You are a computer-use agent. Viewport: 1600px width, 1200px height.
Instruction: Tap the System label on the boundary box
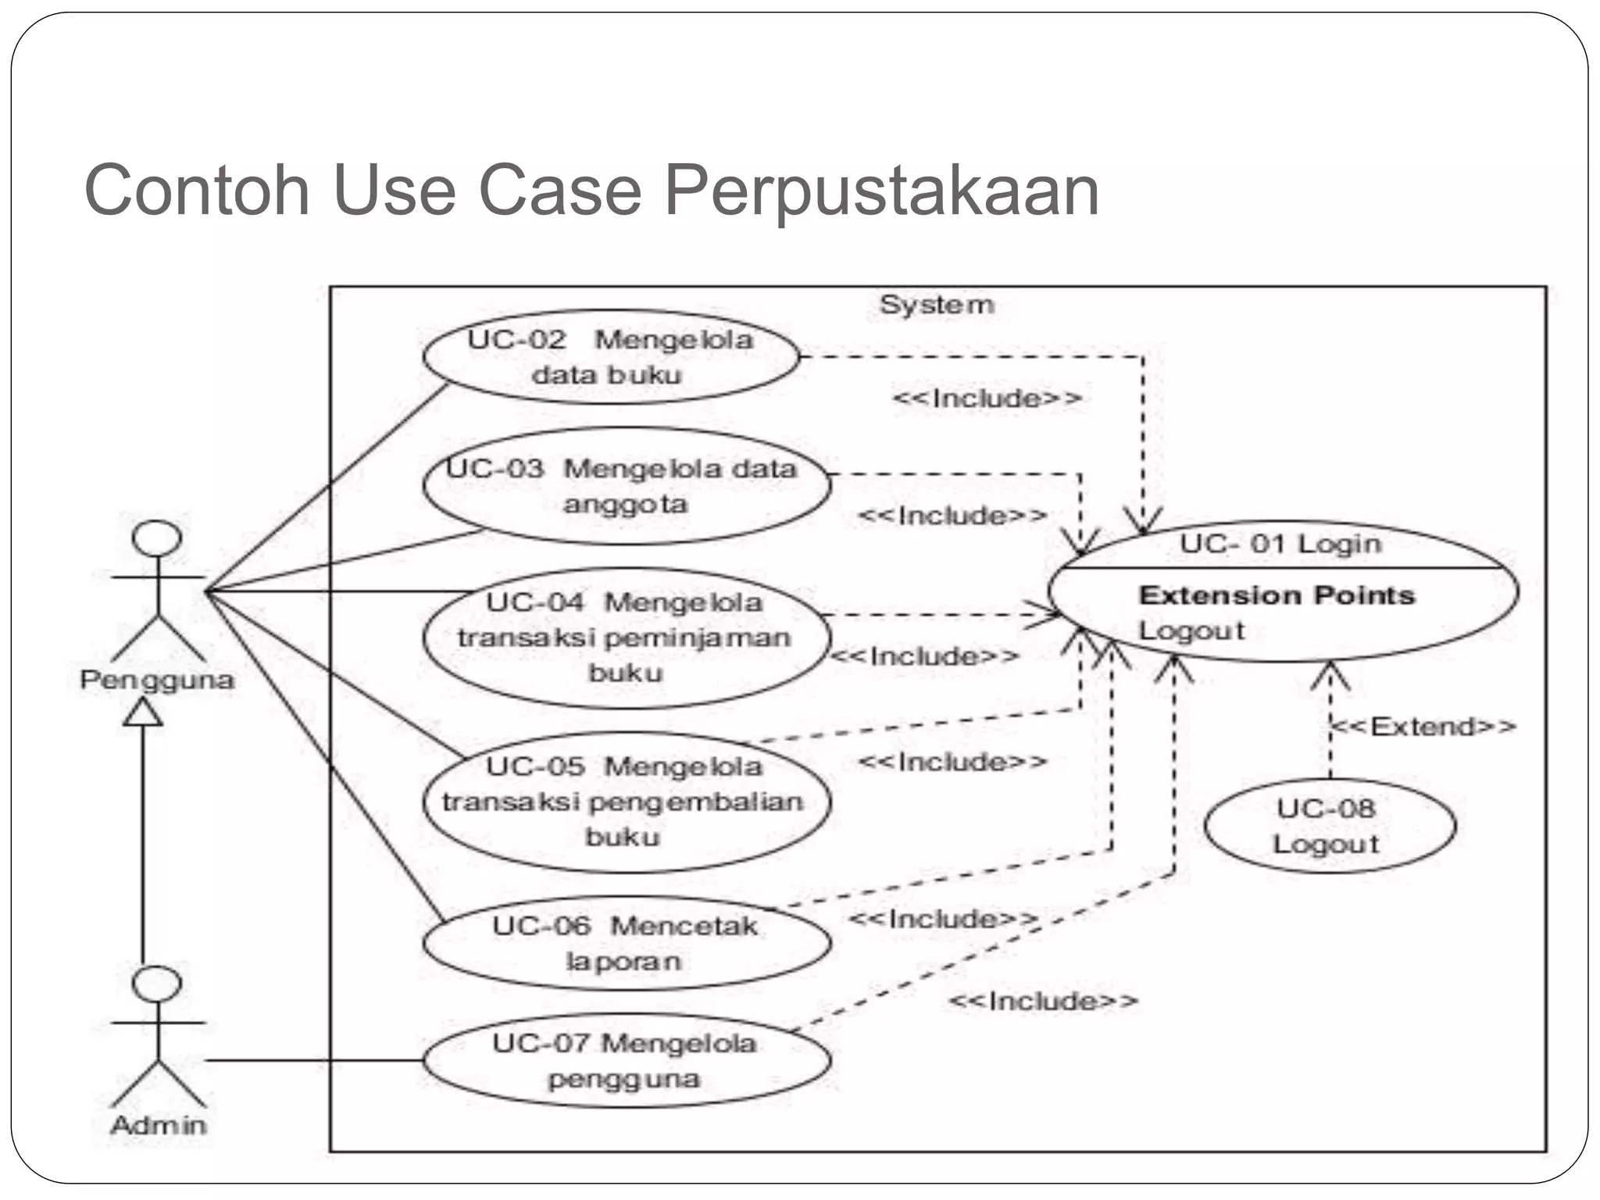937,305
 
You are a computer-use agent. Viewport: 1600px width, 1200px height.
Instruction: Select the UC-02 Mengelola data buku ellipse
611,357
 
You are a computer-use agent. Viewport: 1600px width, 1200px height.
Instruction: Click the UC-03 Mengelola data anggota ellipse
625,486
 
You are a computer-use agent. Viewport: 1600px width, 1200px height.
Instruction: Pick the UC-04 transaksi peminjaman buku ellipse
625,637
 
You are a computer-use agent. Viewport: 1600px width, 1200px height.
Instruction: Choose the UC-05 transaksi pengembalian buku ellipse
625,802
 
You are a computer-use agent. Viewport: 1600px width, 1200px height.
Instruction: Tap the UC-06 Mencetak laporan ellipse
625,943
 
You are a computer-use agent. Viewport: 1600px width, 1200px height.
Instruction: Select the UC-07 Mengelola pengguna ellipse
625,1060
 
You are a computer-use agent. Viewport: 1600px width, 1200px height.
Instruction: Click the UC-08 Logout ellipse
1329,826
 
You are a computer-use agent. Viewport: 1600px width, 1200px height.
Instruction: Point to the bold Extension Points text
1277,595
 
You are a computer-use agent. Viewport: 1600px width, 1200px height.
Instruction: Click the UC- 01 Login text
1280,544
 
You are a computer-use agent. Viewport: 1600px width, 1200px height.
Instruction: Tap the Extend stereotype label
1423,727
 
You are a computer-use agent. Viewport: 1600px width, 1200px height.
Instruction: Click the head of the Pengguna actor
157,537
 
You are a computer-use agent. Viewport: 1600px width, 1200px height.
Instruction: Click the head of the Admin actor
157,983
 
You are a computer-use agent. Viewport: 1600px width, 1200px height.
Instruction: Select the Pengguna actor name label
157,680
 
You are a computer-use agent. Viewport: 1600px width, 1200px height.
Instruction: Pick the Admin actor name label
159,1125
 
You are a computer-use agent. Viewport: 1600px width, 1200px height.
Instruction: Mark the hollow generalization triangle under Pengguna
143,712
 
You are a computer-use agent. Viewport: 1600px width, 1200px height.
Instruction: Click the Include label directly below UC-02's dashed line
987,398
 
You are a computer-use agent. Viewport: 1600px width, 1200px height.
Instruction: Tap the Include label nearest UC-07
1043,1001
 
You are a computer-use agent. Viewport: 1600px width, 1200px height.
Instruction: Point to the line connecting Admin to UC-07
312,1060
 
